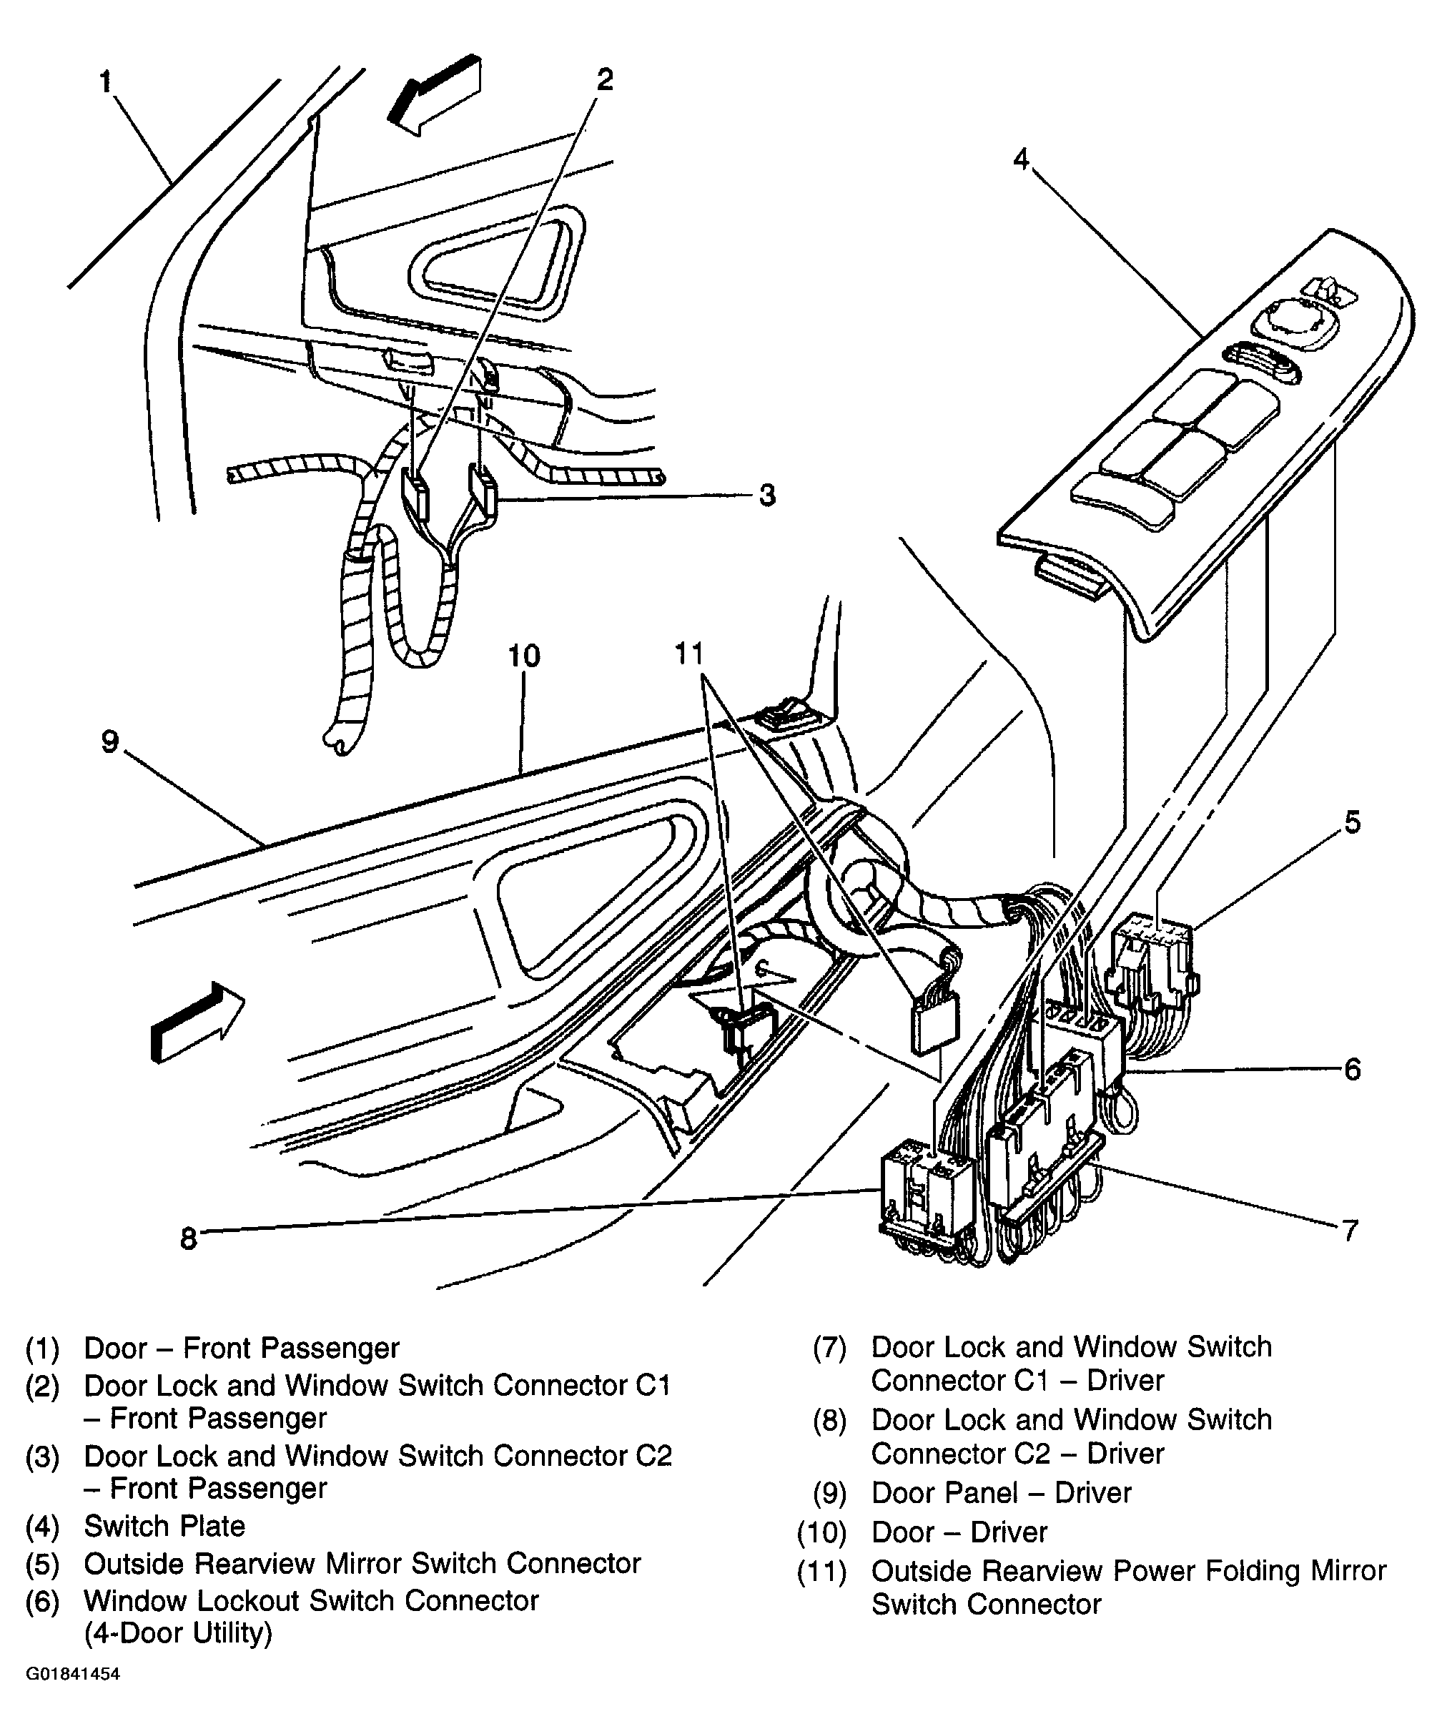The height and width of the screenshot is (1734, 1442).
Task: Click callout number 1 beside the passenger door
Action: [x=106, y=81]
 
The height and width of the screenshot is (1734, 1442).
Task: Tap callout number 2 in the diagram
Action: [x=605, y=80]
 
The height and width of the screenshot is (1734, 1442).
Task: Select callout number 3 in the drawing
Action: [x=767, y=496]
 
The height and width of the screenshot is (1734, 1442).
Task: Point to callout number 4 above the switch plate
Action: [x=1021, y=158]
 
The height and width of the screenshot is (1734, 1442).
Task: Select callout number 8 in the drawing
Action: [x=188, y=1238]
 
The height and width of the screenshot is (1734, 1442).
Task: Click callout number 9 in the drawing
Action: [x=110, y=742]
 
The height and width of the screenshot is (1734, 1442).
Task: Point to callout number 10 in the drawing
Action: [x=523, y=656]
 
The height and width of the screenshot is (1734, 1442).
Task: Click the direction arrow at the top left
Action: [x=435, y=92]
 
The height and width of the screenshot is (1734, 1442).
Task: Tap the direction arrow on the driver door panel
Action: [x=197, y=1020]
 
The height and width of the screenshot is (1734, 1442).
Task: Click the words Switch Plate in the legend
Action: [x=164, y=1526]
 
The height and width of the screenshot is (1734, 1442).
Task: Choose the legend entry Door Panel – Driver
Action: [x=1000, y=1493]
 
